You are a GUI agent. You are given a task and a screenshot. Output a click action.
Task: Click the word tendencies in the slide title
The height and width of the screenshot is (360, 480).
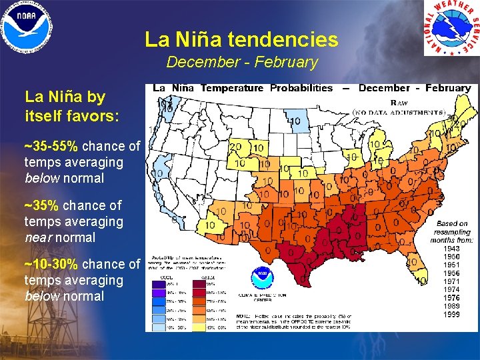(283, 40)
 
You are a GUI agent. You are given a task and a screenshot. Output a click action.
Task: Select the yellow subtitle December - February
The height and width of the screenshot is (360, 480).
(241, 63)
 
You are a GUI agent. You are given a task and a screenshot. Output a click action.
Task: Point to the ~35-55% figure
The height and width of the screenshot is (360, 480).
(51, 146)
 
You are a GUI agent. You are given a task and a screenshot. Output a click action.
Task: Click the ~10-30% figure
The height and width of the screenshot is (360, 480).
(51, 264)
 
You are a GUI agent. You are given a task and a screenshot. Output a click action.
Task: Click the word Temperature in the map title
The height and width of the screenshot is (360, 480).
(233, 88)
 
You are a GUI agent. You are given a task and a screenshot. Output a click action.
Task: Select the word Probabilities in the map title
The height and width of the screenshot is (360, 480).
(301, 88)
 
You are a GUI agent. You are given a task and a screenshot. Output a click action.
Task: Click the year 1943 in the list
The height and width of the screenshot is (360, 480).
(452, 249)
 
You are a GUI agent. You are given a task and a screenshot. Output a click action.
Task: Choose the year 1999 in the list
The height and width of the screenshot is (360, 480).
(452, 314)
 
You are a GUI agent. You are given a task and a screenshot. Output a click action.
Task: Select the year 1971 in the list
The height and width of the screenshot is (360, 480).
(452, 282)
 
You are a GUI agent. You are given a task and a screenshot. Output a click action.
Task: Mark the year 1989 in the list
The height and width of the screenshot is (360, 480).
(452, 306)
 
